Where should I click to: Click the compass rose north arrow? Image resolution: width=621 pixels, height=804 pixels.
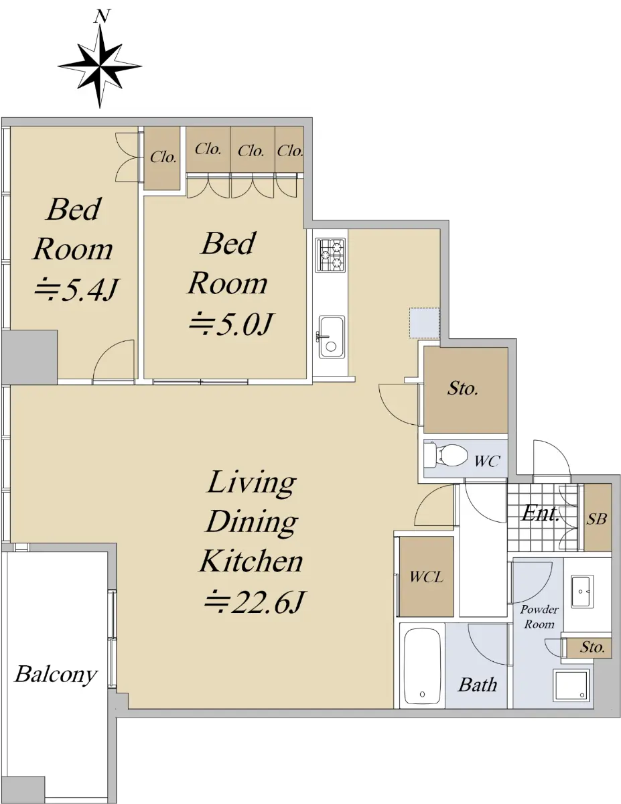click(100, 66)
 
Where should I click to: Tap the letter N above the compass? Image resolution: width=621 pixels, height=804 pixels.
click(101, 16)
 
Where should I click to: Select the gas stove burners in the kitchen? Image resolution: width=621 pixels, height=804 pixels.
click(330, 254)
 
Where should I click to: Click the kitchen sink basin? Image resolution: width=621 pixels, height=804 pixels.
click(331, 336)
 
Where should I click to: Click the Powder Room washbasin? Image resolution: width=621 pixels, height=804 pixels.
click(582, 591)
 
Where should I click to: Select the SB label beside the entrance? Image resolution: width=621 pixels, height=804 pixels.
click(597, 519)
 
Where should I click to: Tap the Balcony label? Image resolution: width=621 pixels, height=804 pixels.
click(56, 673)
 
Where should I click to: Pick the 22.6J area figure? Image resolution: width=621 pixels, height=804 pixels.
click(254, 602)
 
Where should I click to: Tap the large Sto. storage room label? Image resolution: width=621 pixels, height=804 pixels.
click(463, 388)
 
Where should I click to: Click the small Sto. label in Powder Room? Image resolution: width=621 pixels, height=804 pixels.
click(592, 647)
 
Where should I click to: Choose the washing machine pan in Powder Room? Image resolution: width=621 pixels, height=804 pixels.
click(571, 685)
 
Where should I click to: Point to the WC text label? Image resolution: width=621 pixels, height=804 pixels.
click(487, 461)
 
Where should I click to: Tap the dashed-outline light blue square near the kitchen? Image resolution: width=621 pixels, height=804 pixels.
click(424, 322)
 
